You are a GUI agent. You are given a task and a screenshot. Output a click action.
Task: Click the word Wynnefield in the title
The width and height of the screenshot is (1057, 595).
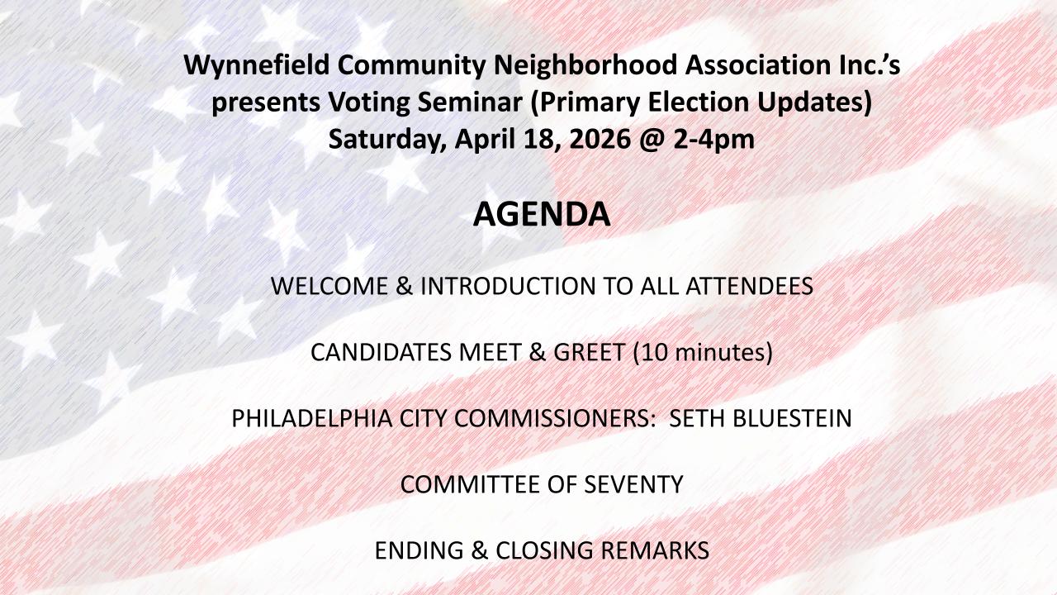click(x=257, y=65)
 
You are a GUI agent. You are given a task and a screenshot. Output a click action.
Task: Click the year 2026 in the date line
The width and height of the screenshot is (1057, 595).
click(x=600, y=140)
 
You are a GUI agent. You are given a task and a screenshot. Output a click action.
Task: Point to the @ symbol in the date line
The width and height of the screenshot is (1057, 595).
click(x=652, y=140)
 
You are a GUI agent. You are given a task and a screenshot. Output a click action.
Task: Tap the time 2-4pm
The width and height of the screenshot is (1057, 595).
click(x=713, y=140)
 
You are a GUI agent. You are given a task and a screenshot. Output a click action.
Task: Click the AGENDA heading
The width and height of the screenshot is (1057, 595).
click(x=542, y=214)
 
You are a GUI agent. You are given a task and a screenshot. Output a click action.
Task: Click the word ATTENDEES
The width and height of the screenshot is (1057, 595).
click(x=749, y=286)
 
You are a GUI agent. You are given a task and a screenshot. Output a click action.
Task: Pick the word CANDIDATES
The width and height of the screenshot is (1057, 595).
click(x=381, y=352)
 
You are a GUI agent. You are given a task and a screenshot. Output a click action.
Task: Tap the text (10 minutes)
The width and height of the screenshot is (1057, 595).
click(x=703, y=353)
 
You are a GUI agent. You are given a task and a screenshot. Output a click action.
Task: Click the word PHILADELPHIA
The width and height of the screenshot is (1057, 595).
click(x=311, y=418)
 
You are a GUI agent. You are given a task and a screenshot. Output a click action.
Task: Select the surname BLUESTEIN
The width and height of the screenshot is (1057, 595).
click(x=792, y=418)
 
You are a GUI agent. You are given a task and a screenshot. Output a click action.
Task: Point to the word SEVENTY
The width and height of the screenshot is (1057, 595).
click(x=633, y=484)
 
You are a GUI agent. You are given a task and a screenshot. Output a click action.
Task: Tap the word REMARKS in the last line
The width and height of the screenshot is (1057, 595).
click(x=655, y=550)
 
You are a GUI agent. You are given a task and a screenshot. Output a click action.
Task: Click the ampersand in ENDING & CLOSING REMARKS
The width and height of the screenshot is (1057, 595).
click(x=480, y=550)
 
